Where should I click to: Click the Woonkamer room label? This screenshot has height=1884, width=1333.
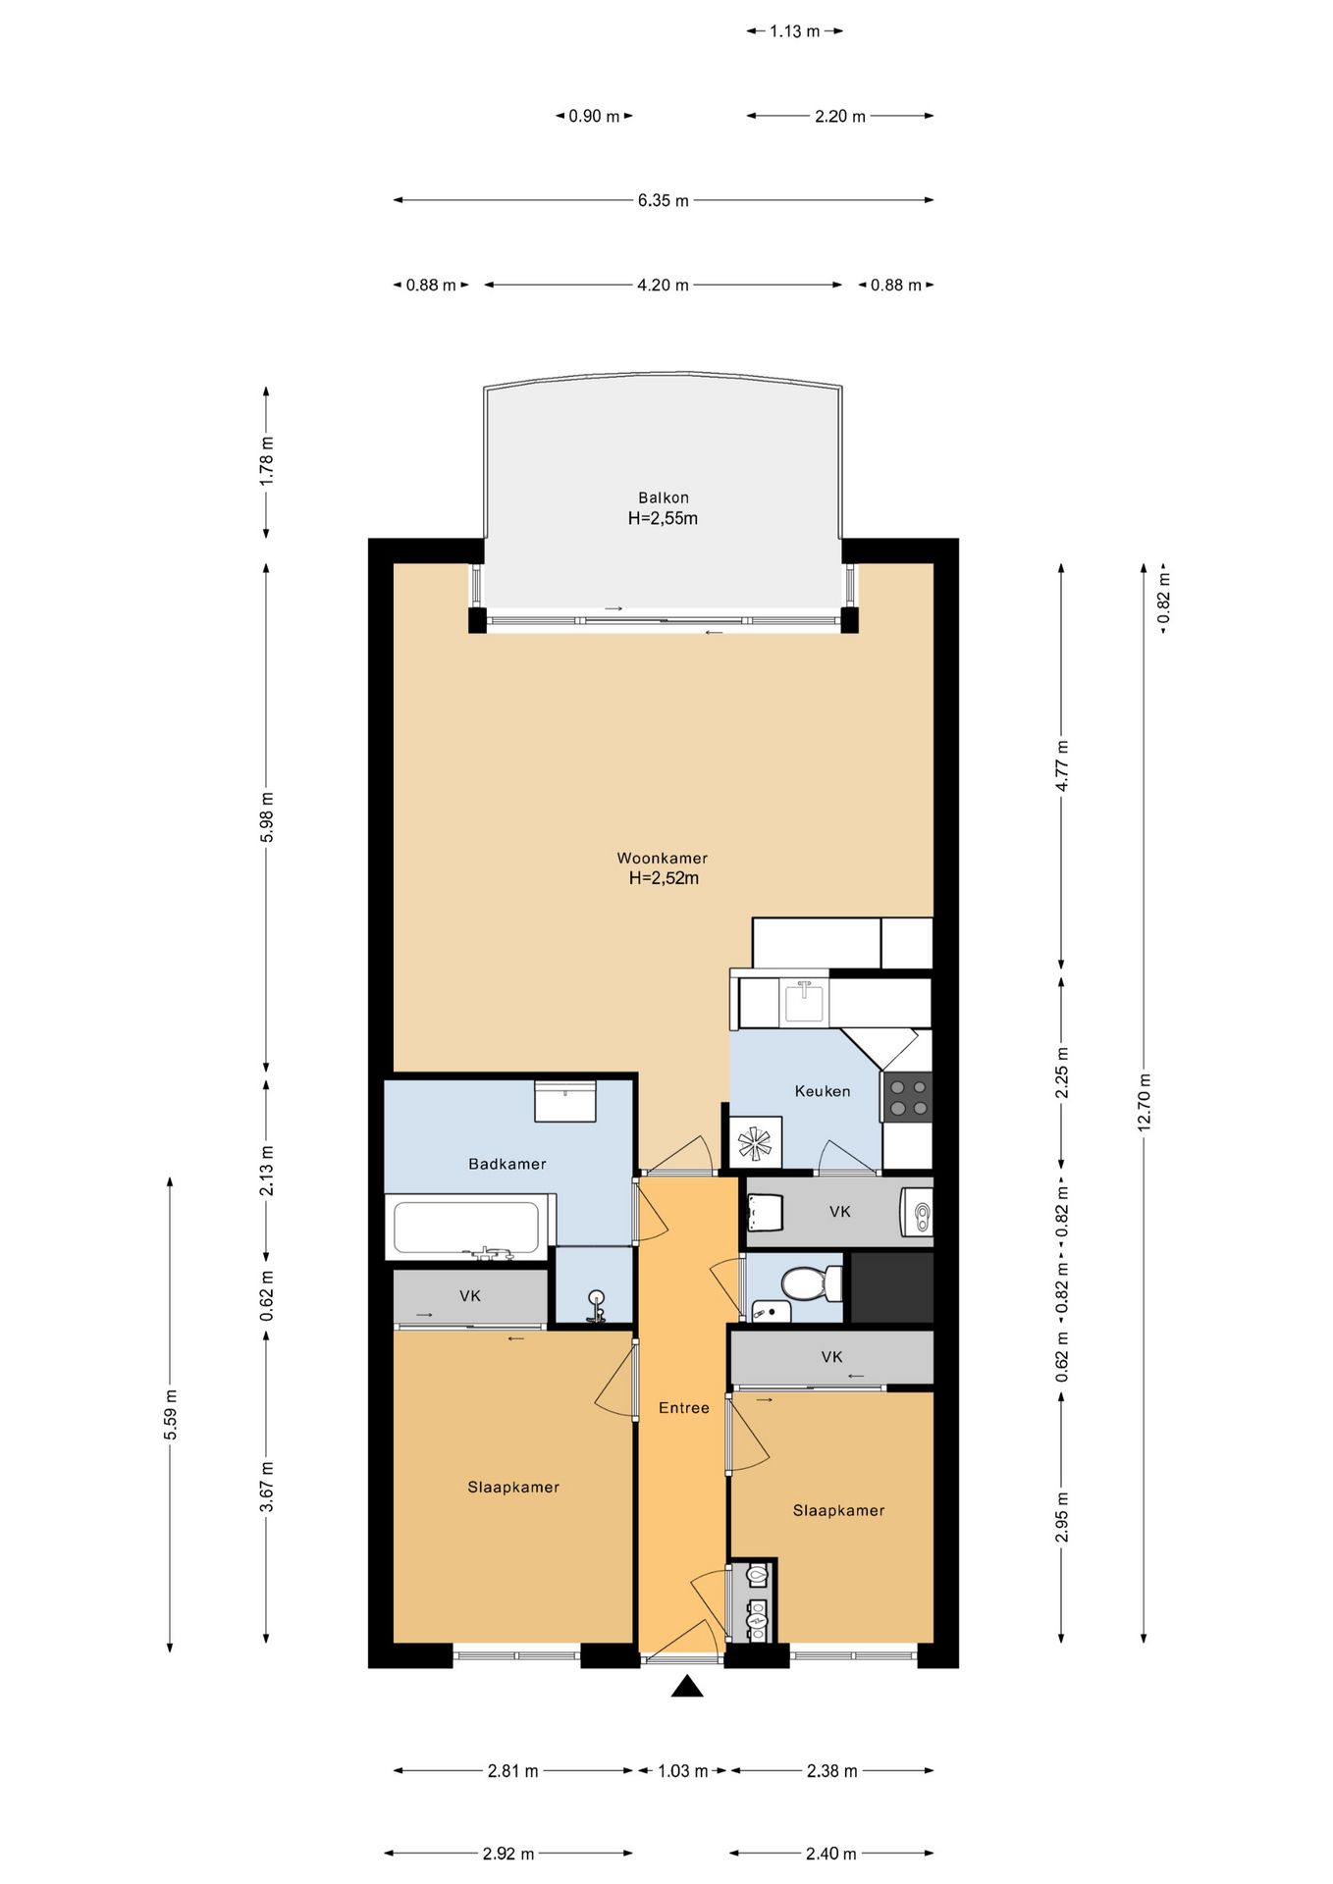(x=663, y=858)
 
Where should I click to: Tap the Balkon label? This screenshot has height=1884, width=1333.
(x=664, y=497)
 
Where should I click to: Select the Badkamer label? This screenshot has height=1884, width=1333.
(x=507, y=1164)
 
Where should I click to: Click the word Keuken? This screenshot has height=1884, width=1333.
(x=823, y=1091)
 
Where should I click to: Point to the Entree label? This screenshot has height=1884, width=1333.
(x=684, y=1408)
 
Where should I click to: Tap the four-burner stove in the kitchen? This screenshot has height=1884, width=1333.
(x=908, y=1097)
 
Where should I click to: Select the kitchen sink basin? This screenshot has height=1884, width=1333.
(x=804, y=1002)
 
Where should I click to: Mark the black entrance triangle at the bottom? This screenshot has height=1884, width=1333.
(x=687, y=1686)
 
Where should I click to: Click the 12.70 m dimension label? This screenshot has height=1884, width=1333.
(x=1145, y=1102)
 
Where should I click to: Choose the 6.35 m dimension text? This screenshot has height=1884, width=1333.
(x=664, y=200)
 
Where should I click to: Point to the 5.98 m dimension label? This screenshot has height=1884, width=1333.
(x=267, y=816)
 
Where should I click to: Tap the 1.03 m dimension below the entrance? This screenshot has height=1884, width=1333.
(x=682, y=1771)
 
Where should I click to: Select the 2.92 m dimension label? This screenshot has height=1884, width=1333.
(x=508, y=1854)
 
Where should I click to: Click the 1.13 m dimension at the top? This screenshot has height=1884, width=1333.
(x=794, y=31)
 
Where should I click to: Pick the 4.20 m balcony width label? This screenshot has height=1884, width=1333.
(x=663, y=286)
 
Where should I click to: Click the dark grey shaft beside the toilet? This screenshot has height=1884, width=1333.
(x=891, y=1286)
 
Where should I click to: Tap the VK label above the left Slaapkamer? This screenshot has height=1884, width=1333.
(x=470, y=1296)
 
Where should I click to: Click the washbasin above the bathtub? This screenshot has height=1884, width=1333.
(x=565, y=1101)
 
